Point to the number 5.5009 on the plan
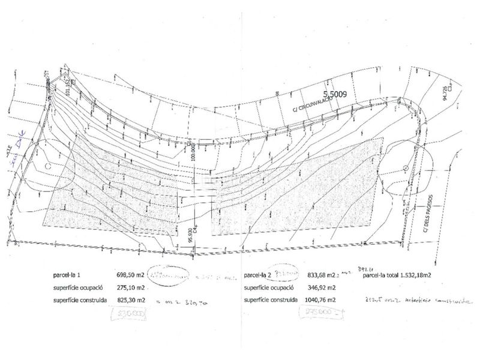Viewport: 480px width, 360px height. tap(340, 94)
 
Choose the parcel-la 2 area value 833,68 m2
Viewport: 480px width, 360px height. tap(320, 275)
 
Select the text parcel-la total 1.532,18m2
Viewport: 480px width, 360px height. tap(400, 275)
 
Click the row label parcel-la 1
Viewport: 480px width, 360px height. tap(69, 275)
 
